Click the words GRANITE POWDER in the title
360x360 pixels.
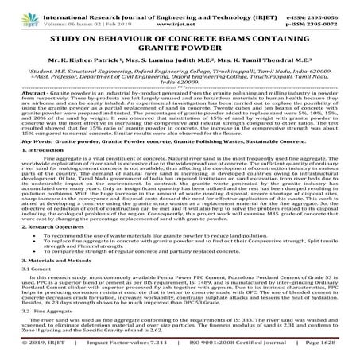(x=180, y=54)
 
